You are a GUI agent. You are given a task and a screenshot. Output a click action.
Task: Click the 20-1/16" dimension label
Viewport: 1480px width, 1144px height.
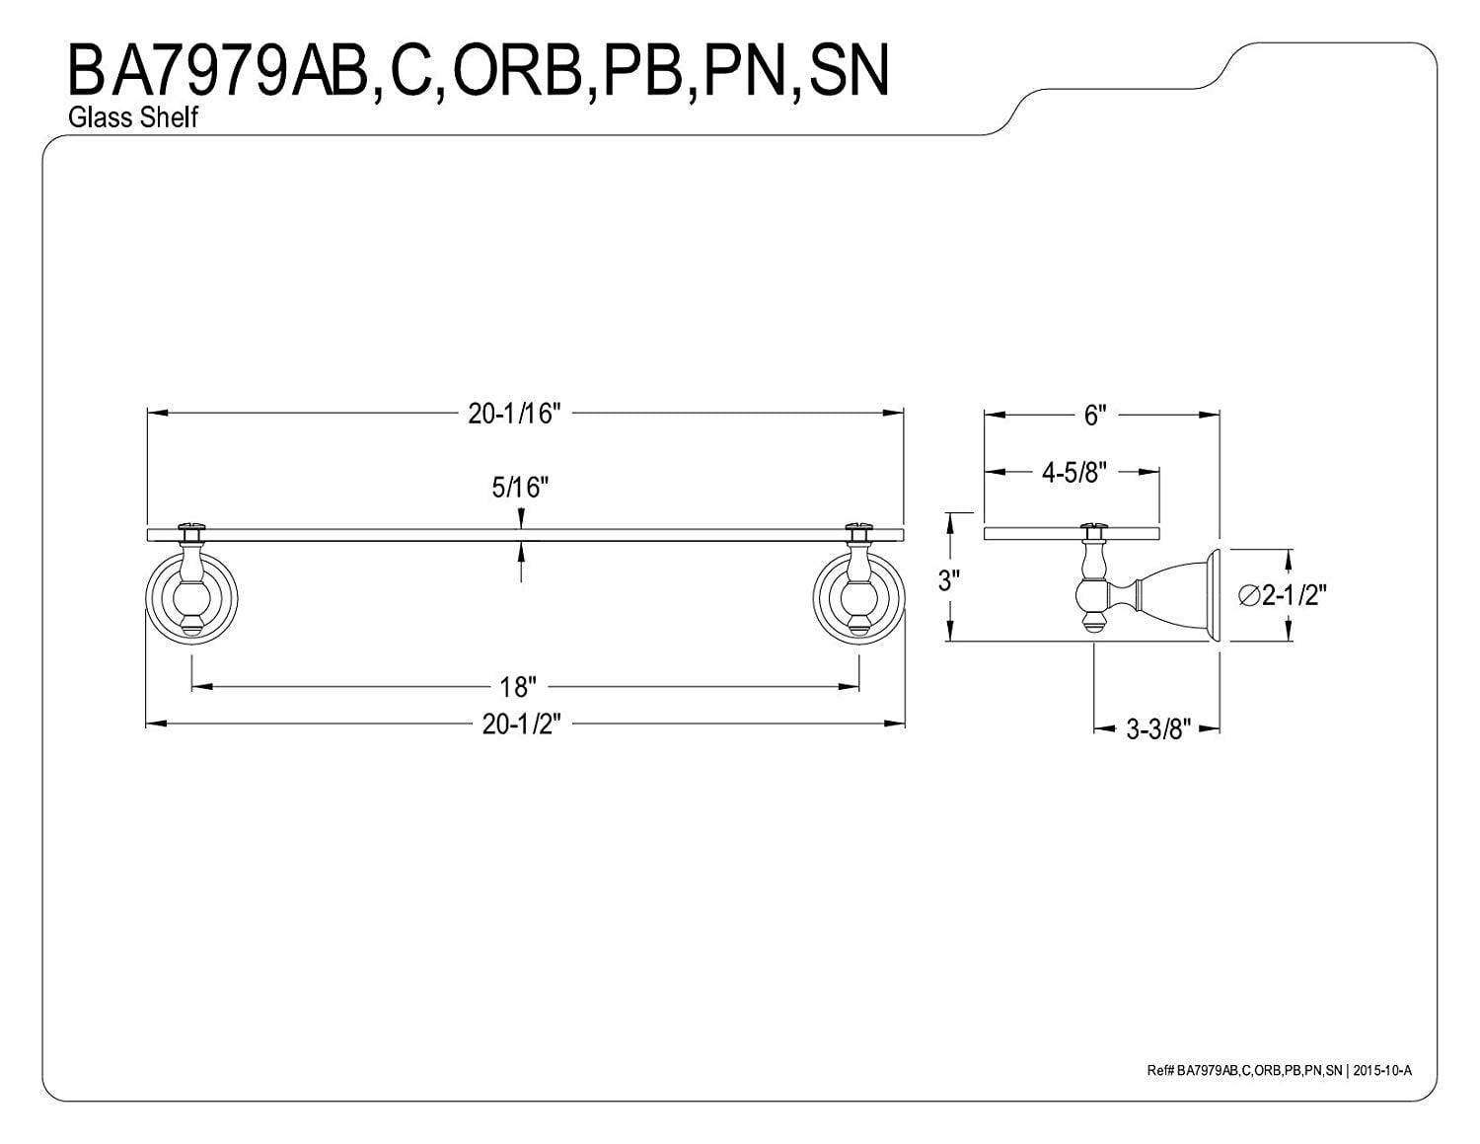coord(514,415)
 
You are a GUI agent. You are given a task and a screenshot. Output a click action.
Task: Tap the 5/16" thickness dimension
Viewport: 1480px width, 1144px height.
coord(521,487)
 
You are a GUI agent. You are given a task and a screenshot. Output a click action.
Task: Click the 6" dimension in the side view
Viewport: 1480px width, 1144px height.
coord(1091,416)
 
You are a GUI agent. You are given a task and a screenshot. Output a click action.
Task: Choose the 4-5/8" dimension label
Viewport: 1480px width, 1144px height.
coord(1075,473)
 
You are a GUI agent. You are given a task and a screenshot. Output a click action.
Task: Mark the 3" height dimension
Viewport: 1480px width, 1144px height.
coord(948,580)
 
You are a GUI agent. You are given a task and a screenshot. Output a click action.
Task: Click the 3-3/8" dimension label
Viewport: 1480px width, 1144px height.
coord(1158,729)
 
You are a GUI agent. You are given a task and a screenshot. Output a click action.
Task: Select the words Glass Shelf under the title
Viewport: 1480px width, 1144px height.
coord(133,117)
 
